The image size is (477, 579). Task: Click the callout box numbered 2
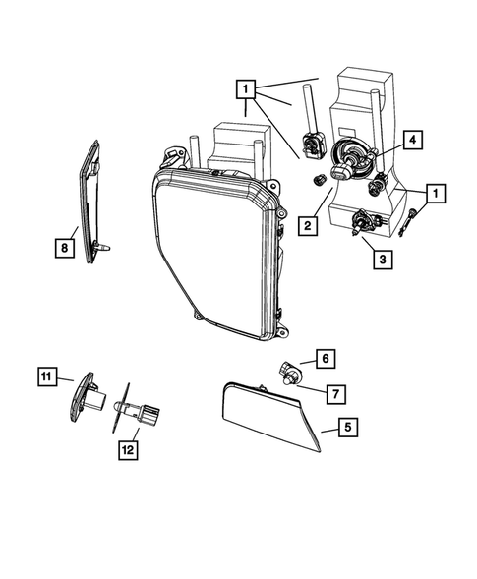(x=308, y=226)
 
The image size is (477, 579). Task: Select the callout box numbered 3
(x=379, y=260)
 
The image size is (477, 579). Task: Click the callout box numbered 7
(x=333, y=394)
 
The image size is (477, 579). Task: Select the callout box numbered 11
(x=46, y=375)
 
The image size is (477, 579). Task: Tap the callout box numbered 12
(x=128, y=449)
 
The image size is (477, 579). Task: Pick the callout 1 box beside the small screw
(x=432, y=193)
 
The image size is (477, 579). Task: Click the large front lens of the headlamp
(x=211, y=256)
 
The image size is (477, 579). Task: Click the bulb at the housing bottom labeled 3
(x=361, y=225)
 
